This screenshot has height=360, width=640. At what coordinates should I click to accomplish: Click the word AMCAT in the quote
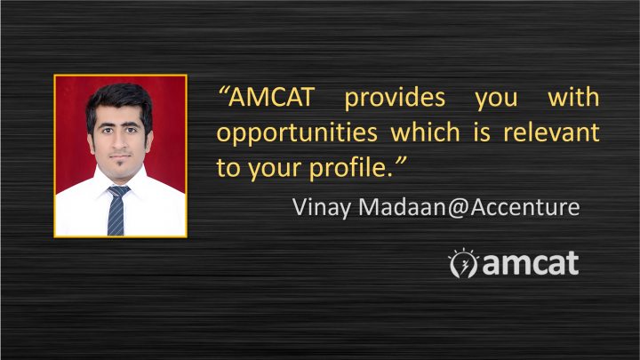point(271,97)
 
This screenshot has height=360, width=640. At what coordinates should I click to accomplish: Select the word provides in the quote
point(395,98)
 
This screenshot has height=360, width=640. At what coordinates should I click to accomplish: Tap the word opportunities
point(297,134)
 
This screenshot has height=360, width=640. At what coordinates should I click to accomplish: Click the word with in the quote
point(573,97)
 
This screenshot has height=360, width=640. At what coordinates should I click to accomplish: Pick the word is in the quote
point(482,132)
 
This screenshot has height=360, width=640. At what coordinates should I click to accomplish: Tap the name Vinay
point(322,207)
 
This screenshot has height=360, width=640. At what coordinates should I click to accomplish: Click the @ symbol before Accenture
point(459,207)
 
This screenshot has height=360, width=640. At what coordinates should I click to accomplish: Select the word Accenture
point(525,206)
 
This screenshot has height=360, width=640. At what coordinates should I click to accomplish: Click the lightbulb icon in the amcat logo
point(463,263)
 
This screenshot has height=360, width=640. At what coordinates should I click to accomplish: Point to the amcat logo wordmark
point(531,264)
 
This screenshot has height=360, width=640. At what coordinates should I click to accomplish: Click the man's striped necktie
point(116,210)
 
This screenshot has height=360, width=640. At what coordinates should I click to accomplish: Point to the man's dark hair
point(120,100)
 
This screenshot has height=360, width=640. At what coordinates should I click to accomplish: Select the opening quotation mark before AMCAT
point(223,91)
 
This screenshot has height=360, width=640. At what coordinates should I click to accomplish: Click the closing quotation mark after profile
point(401,161)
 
